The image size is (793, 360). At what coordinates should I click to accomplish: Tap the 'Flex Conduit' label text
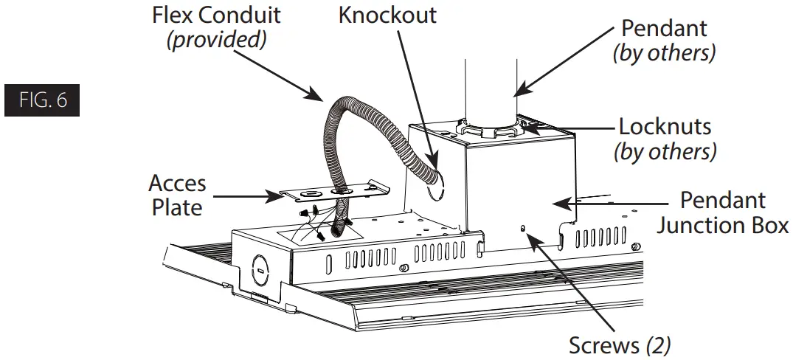215,15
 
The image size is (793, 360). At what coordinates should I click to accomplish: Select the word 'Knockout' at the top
388,15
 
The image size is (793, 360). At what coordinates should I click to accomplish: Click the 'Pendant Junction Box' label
723,212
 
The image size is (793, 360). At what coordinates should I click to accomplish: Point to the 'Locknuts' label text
665,126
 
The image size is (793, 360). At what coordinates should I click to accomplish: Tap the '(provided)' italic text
215,39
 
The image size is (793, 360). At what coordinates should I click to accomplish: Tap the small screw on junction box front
523,229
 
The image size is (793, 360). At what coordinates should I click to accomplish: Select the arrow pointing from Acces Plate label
243,195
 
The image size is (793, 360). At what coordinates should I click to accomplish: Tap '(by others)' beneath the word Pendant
664,54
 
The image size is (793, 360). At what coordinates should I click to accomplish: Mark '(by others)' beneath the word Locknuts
665,151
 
